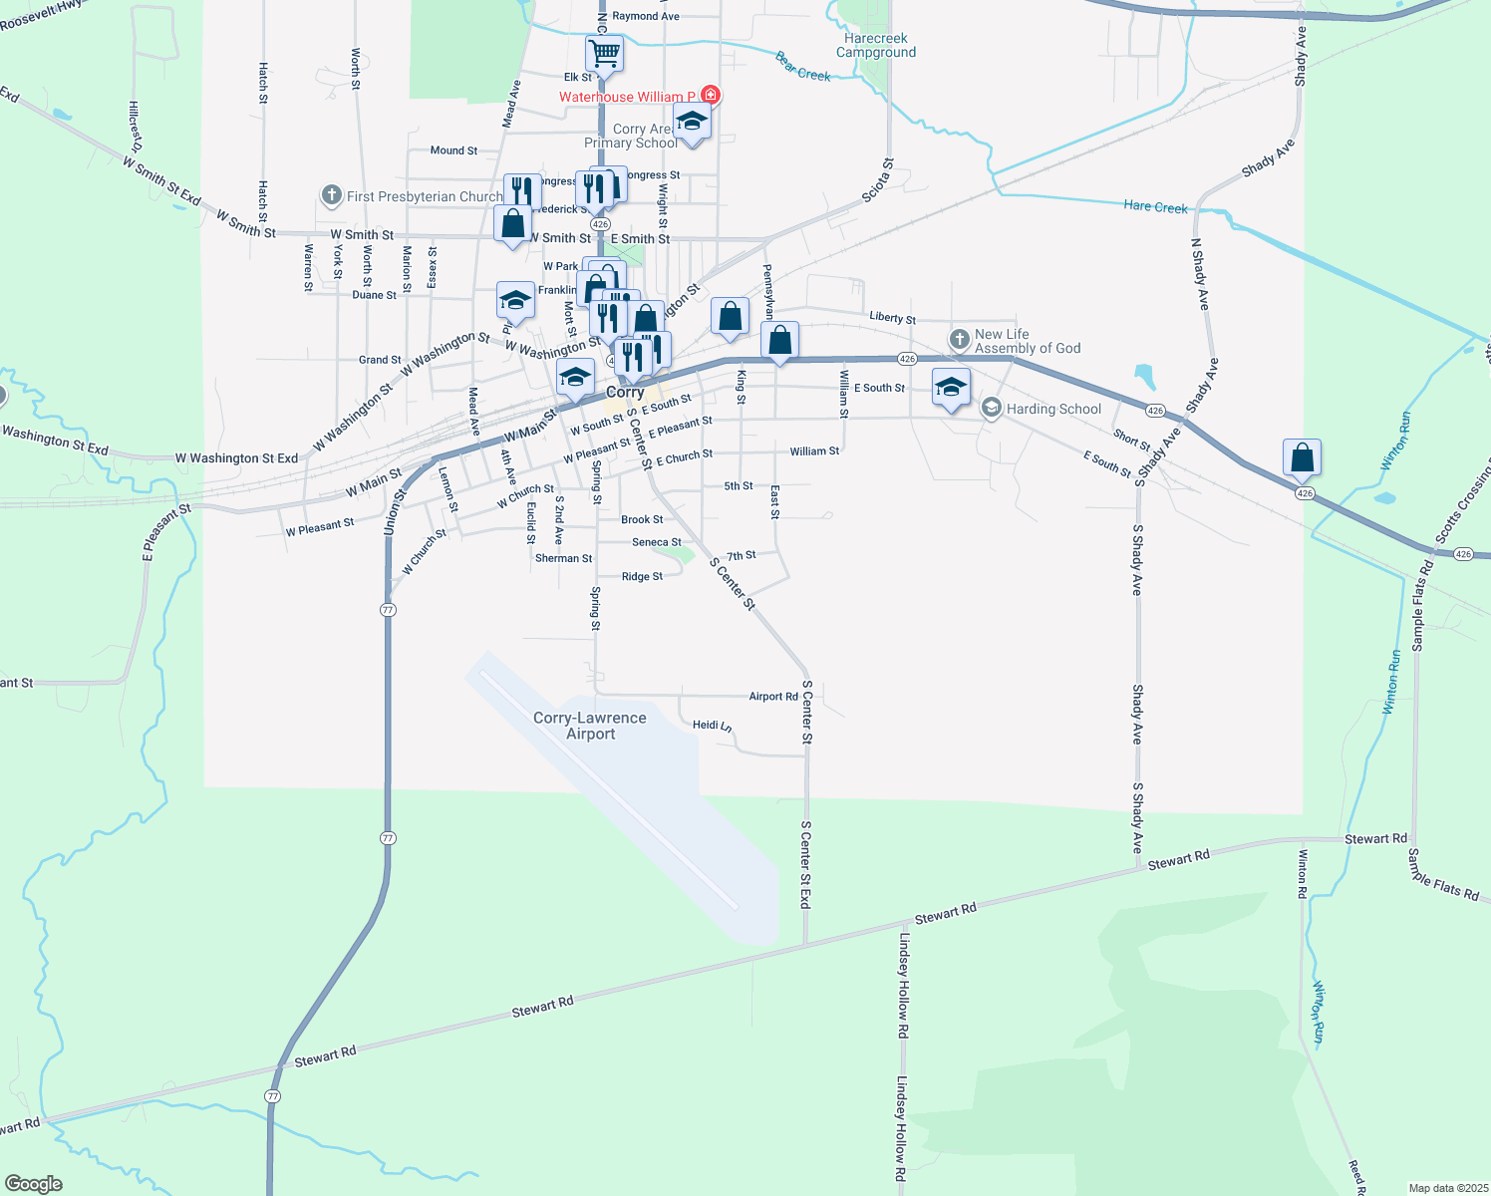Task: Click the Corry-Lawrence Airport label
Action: pyautogui.click(x=590, y=726)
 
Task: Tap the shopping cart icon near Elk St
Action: pyautogui.click(x=604, y=53)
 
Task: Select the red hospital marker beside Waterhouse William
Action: pyautogui.click(x=710, y=96)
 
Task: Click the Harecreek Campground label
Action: pyautogui.click(x=876, y=46)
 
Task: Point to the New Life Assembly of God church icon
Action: pyautogui.click(x=959, y=340)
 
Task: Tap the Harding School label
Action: pyautogui.click(x=1053, y=409)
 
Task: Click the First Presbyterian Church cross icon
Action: pyautogui.click(x=332, y=195)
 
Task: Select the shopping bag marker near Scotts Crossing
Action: pyautogui.click(x=1302, y=457)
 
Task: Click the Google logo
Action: pyautogui.click(x=34, y=1184)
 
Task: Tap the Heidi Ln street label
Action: pyautogui.click(x=713, y=726)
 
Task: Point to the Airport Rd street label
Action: pyautogui.click(x=773, y=697)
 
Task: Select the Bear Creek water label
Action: pyautogui.click(x=803, y=67)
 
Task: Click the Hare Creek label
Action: pyautogui.click(x=1155, y=206)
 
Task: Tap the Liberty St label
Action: pyautogui.click(x=892, y=318)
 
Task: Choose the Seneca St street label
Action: pyautogui.click(x=657, y=542)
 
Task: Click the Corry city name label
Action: pyautogui.click(x=625, y=392)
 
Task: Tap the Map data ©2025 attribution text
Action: pyautogui.click(x=1448, y=1188)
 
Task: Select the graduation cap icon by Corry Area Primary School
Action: pyautogui.click(x=692, y=122)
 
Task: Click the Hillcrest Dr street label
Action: pyautogui.click(x=136, y=127)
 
